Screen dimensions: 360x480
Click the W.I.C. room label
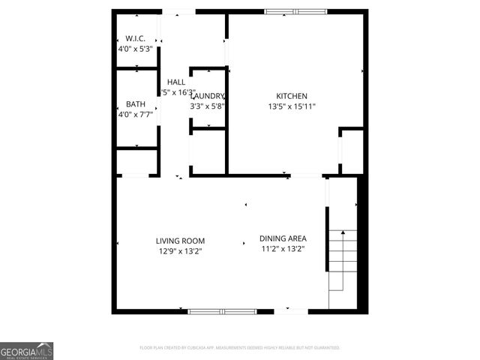(136, 37)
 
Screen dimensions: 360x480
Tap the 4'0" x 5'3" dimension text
(136, 49)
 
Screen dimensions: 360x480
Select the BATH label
(136, 104)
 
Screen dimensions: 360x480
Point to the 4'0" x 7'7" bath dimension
(136, 115)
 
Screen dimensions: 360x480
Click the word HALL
(176, 82)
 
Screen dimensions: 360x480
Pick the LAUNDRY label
(208, 96)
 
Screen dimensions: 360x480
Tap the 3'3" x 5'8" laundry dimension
(208, 106)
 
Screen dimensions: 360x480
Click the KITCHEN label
(292, 96)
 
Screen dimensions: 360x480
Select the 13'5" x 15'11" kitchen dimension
(292, 106)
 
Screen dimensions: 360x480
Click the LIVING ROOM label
(180, 241)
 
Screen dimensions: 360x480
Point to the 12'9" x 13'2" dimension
(180, 251)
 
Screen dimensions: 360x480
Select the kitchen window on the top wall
(295, 11)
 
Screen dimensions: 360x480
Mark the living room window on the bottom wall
(222, 310)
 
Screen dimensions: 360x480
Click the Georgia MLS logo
(27, 351)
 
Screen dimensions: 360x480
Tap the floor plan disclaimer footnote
(240, 348)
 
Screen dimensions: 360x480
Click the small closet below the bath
(136, 162)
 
